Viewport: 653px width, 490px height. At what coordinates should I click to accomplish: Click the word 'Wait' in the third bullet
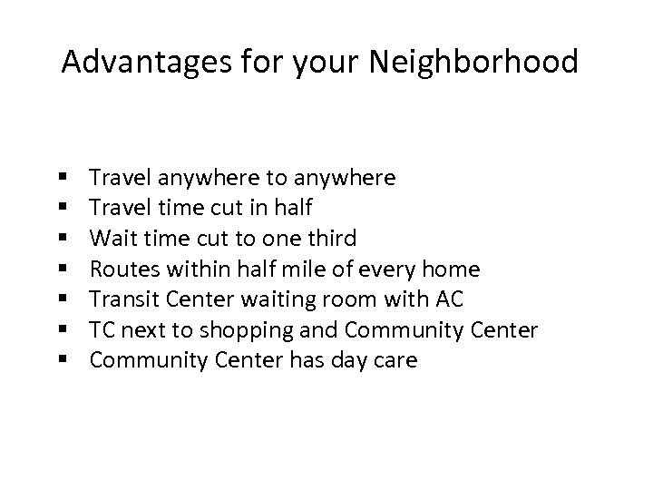click(x=112, y=239)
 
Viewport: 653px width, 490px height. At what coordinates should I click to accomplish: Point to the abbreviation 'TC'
click(x=102, y=330)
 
